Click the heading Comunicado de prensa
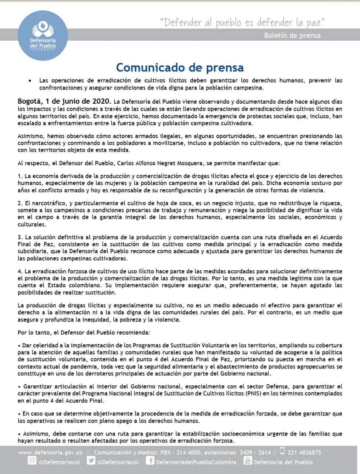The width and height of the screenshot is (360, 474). pos(180,67)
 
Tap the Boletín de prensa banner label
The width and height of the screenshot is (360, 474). pos(292,36)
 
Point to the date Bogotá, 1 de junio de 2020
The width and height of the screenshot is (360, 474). pos(64,101)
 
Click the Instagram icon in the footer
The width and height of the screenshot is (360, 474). pos(32,461)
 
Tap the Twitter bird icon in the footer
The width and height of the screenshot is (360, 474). pos(91,461)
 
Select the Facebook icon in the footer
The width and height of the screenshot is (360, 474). pos(150,461)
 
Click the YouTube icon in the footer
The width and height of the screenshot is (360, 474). pos(248,461)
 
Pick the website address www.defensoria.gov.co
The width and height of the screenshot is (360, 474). pos(50,452)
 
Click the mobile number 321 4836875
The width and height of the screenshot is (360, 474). pos(304,452)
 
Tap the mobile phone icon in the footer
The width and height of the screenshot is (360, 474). pos(282,451)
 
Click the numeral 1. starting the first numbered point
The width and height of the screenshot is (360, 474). pos(20,176)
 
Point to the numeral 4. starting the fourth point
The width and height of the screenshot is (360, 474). pos(20,271)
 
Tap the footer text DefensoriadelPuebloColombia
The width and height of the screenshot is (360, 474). pos(196,462)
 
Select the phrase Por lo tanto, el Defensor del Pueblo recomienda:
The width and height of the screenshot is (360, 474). pos(84,333)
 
